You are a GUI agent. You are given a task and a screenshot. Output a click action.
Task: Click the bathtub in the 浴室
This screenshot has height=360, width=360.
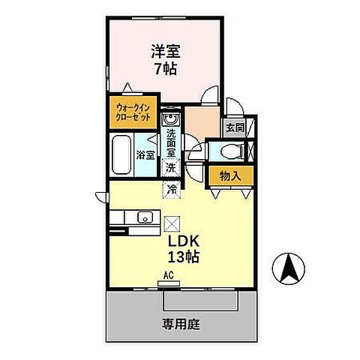[x=121, y=155]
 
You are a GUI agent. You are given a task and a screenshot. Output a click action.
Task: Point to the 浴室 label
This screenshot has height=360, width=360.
[x=145, y=156]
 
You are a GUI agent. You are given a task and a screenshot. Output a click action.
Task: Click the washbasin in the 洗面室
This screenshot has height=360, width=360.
[x=169, y=119]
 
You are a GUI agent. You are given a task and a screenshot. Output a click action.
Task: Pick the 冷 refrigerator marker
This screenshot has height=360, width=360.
[x=172, y=189]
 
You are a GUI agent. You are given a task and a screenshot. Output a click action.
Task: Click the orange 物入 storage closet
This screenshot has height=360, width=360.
[x=230, y=176]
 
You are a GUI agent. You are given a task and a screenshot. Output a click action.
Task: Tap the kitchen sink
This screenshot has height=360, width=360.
[x=144, y=218]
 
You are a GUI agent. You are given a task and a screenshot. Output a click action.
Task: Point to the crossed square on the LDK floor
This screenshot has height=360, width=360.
[x=172, y=223]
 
